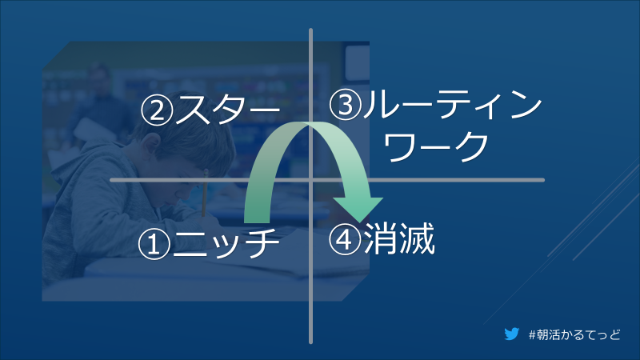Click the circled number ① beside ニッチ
click(x=154, y=244)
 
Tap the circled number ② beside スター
click(x=157, y=110)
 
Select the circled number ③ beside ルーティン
click(x=346, y=105)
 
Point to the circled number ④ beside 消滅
click(x=345, y=239)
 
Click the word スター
click(x=227, y=110)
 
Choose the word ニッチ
click(x=226, y=244)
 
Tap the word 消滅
click(x=399, y=238)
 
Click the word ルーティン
click(x=452, y=105)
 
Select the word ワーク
click(x=435, y=146)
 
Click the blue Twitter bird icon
click(x=512, y=334)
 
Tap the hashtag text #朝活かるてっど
click(x=574, y=334)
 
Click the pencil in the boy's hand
click(x=205, y=193)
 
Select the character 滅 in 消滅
click(x=418, y=238)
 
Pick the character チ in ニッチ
click(x=262, y=244)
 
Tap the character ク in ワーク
click(x=472, y=146)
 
